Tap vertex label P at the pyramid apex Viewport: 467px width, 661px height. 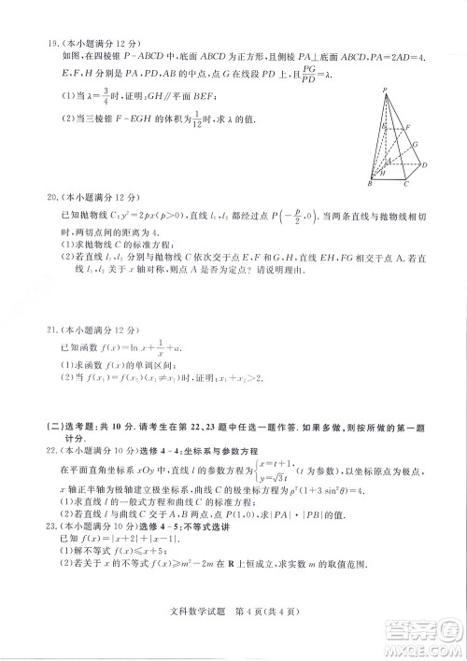pos(385,90)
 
